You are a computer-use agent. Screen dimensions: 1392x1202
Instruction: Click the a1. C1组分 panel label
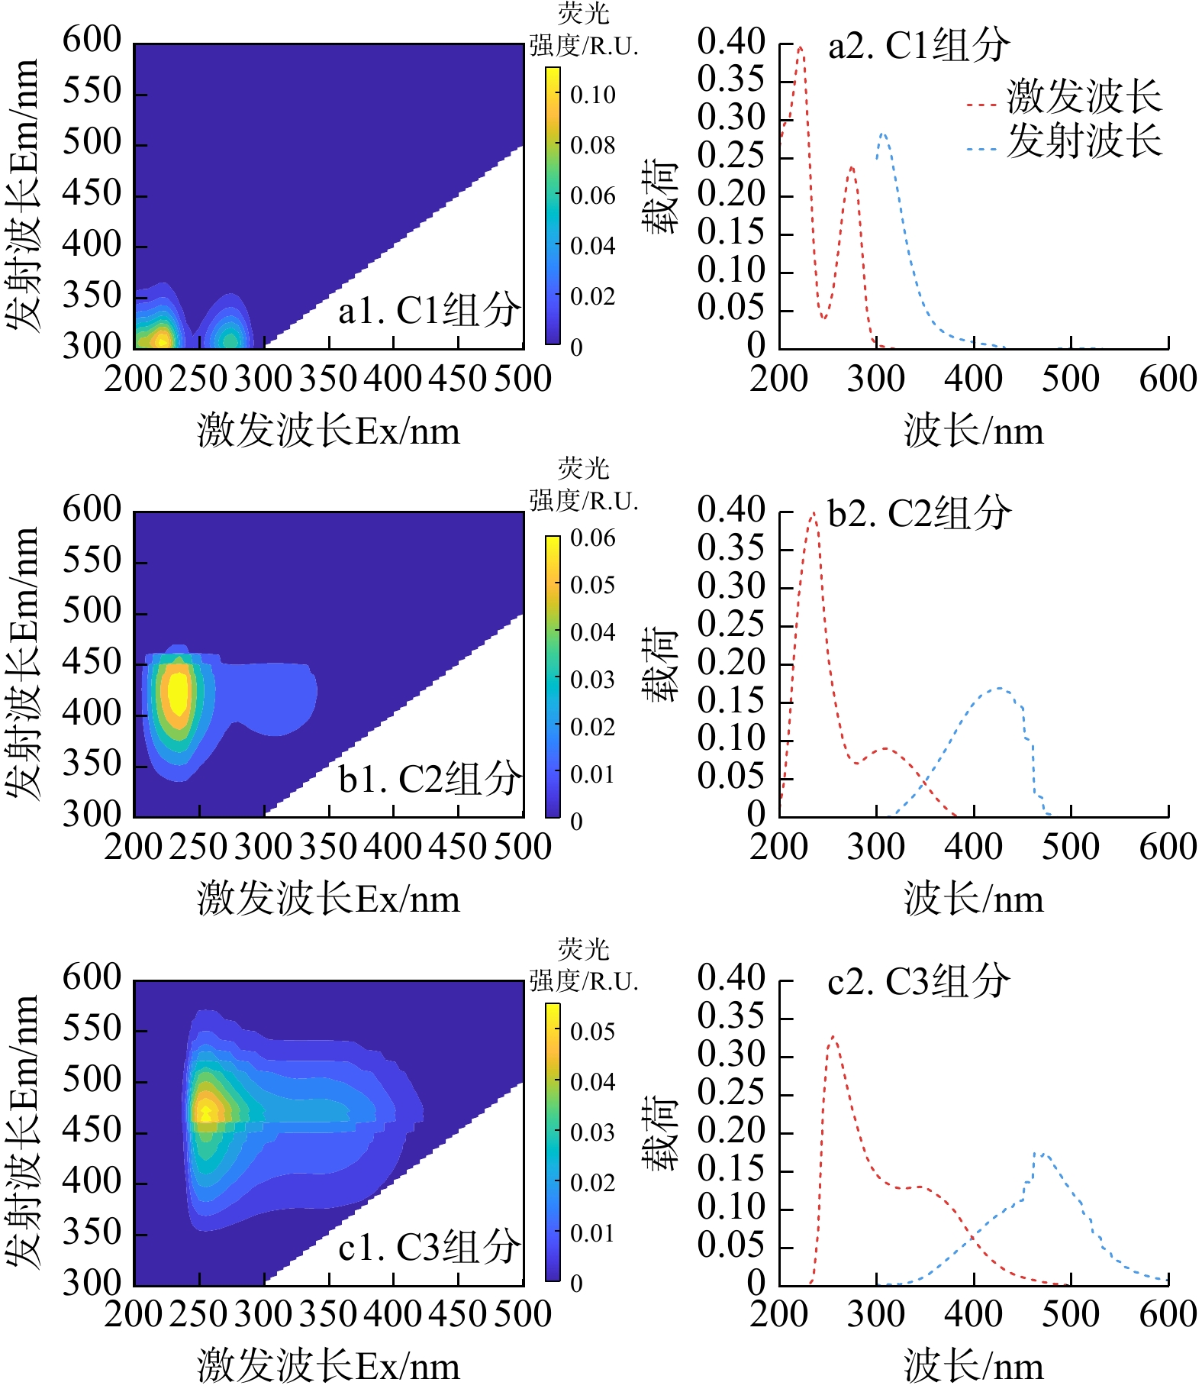[429, 311]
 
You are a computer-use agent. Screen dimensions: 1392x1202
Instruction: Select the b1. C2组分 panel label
[429, 780]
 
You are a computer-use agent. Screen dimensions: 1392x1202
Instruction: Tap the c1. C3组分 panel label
[429, 1248]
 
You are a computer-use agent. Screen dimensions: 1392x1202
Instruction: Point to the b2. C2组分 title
[920, 513]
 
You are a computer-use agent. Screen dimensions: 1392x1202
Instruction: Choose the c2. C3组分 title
[919, 981]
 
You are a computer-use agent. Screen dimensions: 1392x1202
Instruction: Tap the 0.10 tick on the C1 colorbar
[592, 95]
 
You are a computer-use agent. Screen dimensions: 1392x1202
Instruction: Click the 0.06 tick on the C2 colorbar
[592, 538]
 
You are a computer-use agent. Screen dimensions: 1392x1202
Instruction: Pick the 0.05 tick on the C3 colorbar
[592, 1032]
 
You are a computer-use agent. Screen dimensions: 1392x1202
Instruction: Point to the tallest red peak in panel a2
[800, 47]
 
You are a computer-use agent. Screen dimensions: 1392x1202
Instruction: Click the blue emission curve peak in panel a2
[883, 134]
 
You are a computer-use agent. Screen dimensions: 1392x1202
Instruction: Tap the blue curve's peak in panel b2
[999, 688]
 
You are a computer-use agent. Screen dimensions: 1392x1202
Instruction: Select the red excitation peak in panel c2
[833, 1037]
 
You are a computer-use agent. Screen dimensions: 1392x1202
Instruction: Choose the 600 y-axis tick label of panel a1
[92, 40]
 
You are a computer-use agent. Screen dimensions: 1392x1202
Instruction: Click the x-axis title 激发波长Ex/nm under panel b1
[329, 899]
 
